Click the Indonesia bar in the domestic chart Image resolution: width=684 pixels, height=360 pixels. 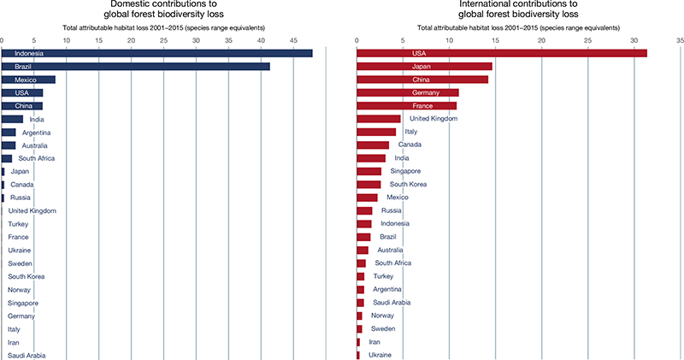pyautogui.click(x=157, y=54)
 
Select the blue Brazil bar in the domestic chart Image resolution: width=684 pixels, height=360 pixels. pyautogui.click(x=136, y=67)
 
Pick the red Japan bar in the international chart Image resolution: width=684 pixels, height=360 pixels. pyautogui.click(x=424, y=67)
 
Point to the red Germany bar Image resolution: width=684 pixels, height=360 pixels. pyautogui.click(x=407, y=92)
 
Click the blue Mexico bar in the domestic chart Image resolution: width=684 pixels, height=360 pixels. pyautogui.click(x=28, y=80)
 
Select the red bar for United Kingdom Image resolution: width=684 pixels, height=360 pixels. pyautogui.click(x=378, y=119)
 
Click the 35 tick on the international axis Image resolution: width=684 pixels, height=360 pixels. pyautogui.click(x=680, y=40)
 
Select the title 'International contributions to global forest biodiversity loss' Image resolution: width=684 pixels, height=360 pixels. pyautogui.click(x=518, y=10)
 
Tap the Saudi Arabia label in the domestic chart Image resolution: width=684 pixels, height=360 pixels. pyautogui.click(x=27, y=355)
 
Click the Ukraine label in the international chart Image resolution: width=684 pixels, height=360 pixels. pyautogui.click(x=381, y=355)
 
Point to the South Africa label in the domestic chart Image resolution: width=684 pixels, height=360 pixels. pyautogui.click(x=38, y=158)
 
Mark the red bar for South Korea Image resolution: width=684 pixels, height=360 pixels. pyautogui.click(x=369, y=184)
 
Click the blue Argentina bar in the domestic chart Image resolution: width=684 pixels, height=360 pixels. pyautogui.click(x=9, y=133)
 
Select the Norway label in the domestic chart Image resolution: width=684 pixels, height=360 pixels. pyautogui.click(x=21, y=290)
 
